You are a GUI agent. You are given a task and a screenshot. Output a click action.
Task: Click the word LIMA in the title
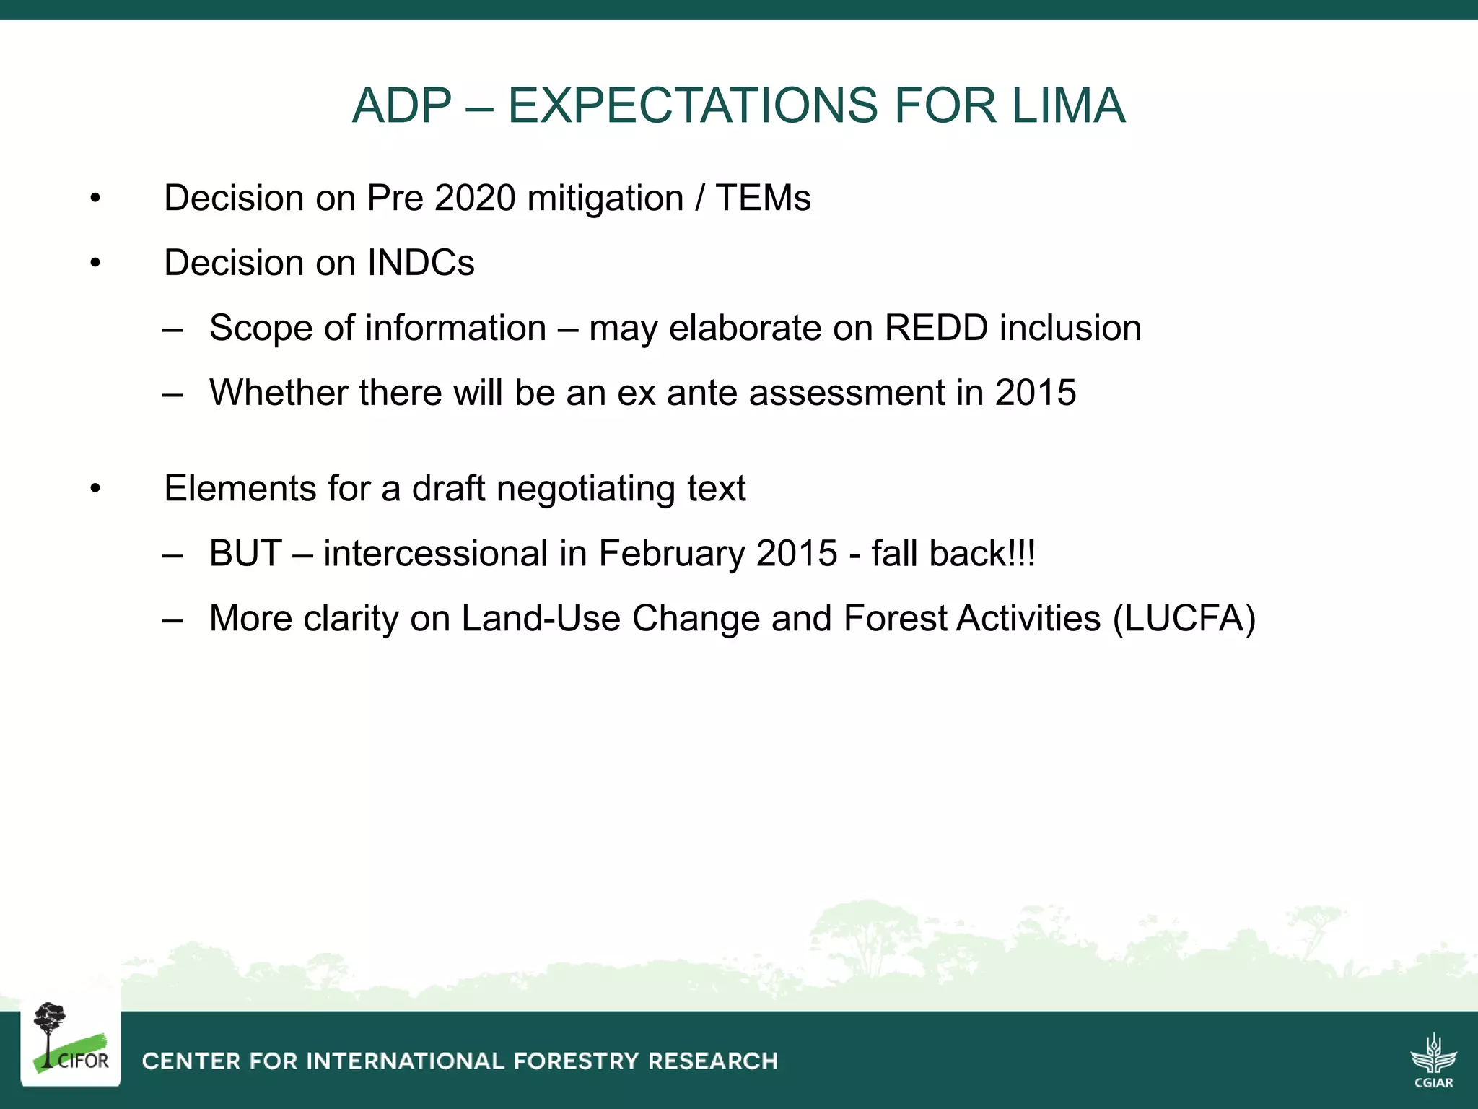pos(1068,106)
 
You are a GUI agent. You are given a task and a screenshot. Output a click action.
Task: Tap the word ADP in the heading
pos(401,106)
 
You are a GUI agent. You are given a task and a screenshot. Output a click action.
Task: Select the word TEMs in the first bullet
pos(763,198)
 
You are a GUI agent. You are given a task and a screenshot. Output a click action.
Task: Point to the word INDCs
pos(421,263)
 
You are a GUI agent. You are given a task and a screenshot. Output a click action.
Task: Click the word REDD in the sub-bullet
pos(935,328)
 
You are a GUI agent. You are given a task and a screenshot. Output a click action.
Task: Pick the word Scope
pos(261,328)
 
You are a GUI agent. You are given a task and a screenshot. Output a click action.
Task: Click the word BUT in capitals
pos(245,554)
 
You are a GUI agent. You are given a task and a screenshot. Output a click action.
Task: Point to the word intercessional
pos(436,554)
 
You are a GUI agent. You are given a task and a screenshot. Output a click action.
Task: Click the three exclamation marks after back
pos(1024,554)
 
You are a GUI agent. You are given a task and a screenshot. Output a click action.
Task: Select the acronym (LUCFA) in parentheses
pos(1184,619)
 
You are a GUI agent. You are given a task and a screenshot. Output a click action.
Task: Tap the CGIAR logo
pos(1433,1060)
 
